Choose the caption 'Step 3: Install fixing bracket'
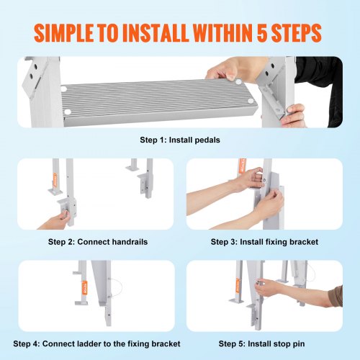tap(265, 242)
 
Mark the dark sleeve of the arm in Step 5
tap(333, 294)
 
